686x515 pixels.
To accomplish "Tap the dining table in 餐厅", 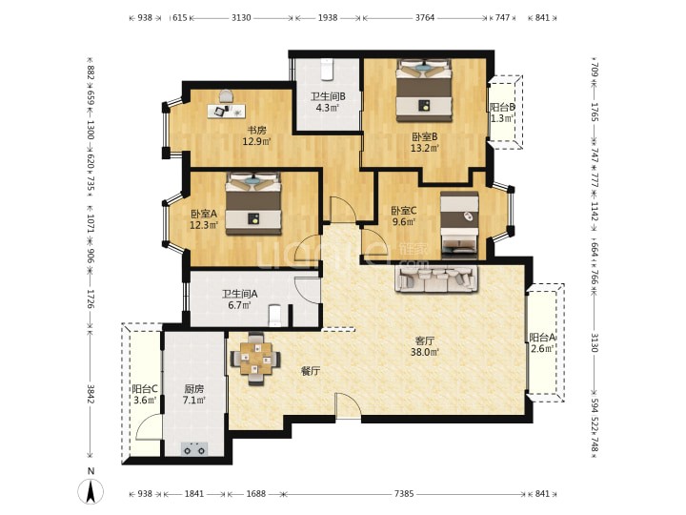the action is pyautogui.click(x=256, y=360).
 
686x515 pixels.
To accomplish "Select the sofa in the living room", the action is pyautogui.click(x=436, y=278).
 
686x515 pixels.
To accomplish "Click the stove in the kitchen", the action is pyautogui.click(x=194, y=449).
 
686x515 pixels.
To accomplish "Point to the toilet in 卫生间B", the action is pyautogui.click(x=327, y=70).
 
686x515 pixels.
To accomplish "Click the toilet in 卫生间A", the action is pyautogui.click(x=274, y=316).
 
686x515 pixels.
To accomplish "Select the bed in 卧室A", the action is pyautogui.click(x=253, y=204).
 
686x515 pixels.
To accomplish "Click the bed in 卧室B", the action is pyautogui.click(x=423, y=91).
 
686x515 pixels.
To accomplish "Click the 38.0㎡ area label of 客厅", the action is pyautogui.click(x=425, y=351).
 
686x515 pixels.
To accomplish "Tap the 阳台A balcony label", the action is pyautogui.click(x=542, y=338).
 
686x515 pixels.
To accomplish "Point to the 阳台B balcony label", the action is pyautogui.click(x=502, y=107).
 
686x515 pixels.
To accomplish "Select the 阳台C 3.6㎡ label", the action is pyautogui.click(x=145, y=394).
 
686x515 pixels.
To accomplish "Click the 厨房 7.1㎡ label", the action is pyautogui.click(x=193, y=394).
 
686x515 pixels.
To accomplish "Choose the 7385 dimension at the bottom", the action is pyautogui.click(x=403, y=494).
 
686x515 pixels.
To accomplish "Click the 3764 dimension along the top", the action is pyautogui.click(x=424, y=17).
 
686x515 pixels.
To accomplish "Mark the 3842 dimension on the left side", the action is pyautogui.click(x=91, y=394).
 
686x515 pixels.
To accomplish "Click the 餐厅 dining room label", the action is pyautogui.click(x=311, y=371).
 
